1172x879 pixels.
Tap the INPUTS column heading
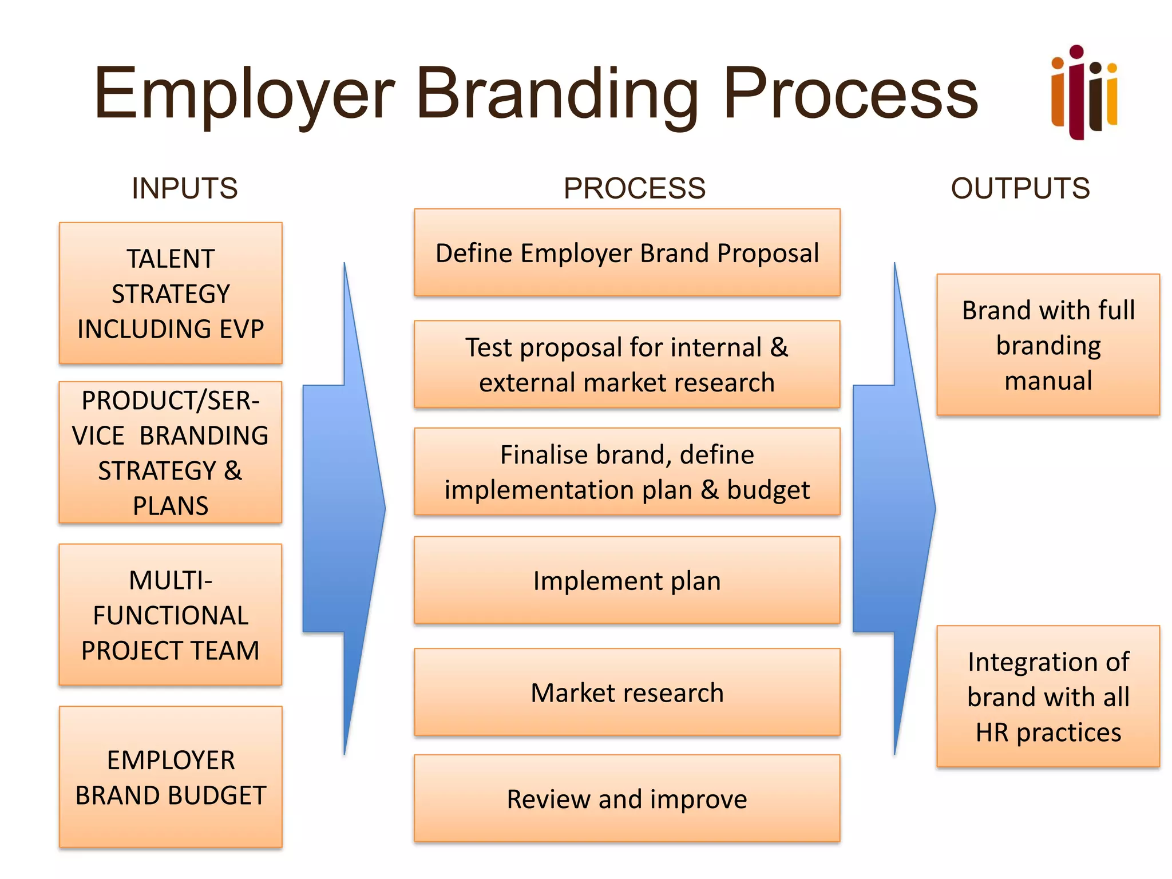click(184, 188)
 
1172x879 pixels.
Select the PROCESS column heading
click(634, 188)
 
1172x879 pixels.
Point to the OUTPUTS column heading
click(1020, 188)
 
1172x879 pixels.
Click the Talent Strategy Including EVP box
click(171, 293)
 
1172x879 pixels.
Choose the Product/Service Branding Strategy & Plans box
click(171, 452)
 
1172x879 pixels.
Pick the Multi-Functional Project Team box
click(171, 615)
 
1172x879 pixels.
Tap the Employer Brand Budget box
click(171, 777)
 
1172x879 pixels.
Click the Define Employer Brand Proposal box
click(627, 252)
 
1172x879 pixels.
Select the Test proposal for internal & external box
click(627, 364)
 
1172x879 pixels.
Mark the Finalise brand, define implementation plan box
click(627, 472)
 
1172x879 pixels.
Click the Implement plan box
click(627, 580)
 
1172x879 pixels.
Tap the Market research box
click(627, 692)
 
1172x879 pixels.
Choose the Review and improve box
click(627, 798)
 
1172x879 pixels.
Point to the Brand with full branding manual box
click(1048, 345)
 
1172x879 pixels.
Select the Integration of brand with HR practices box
click(1048, 696)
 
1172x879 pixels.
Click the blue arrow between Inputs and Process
click(343, 508)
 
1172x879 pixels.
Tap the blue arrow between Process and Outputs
click(893, 508)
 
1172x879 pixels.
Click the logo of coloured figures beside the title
click(1083, 93)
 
